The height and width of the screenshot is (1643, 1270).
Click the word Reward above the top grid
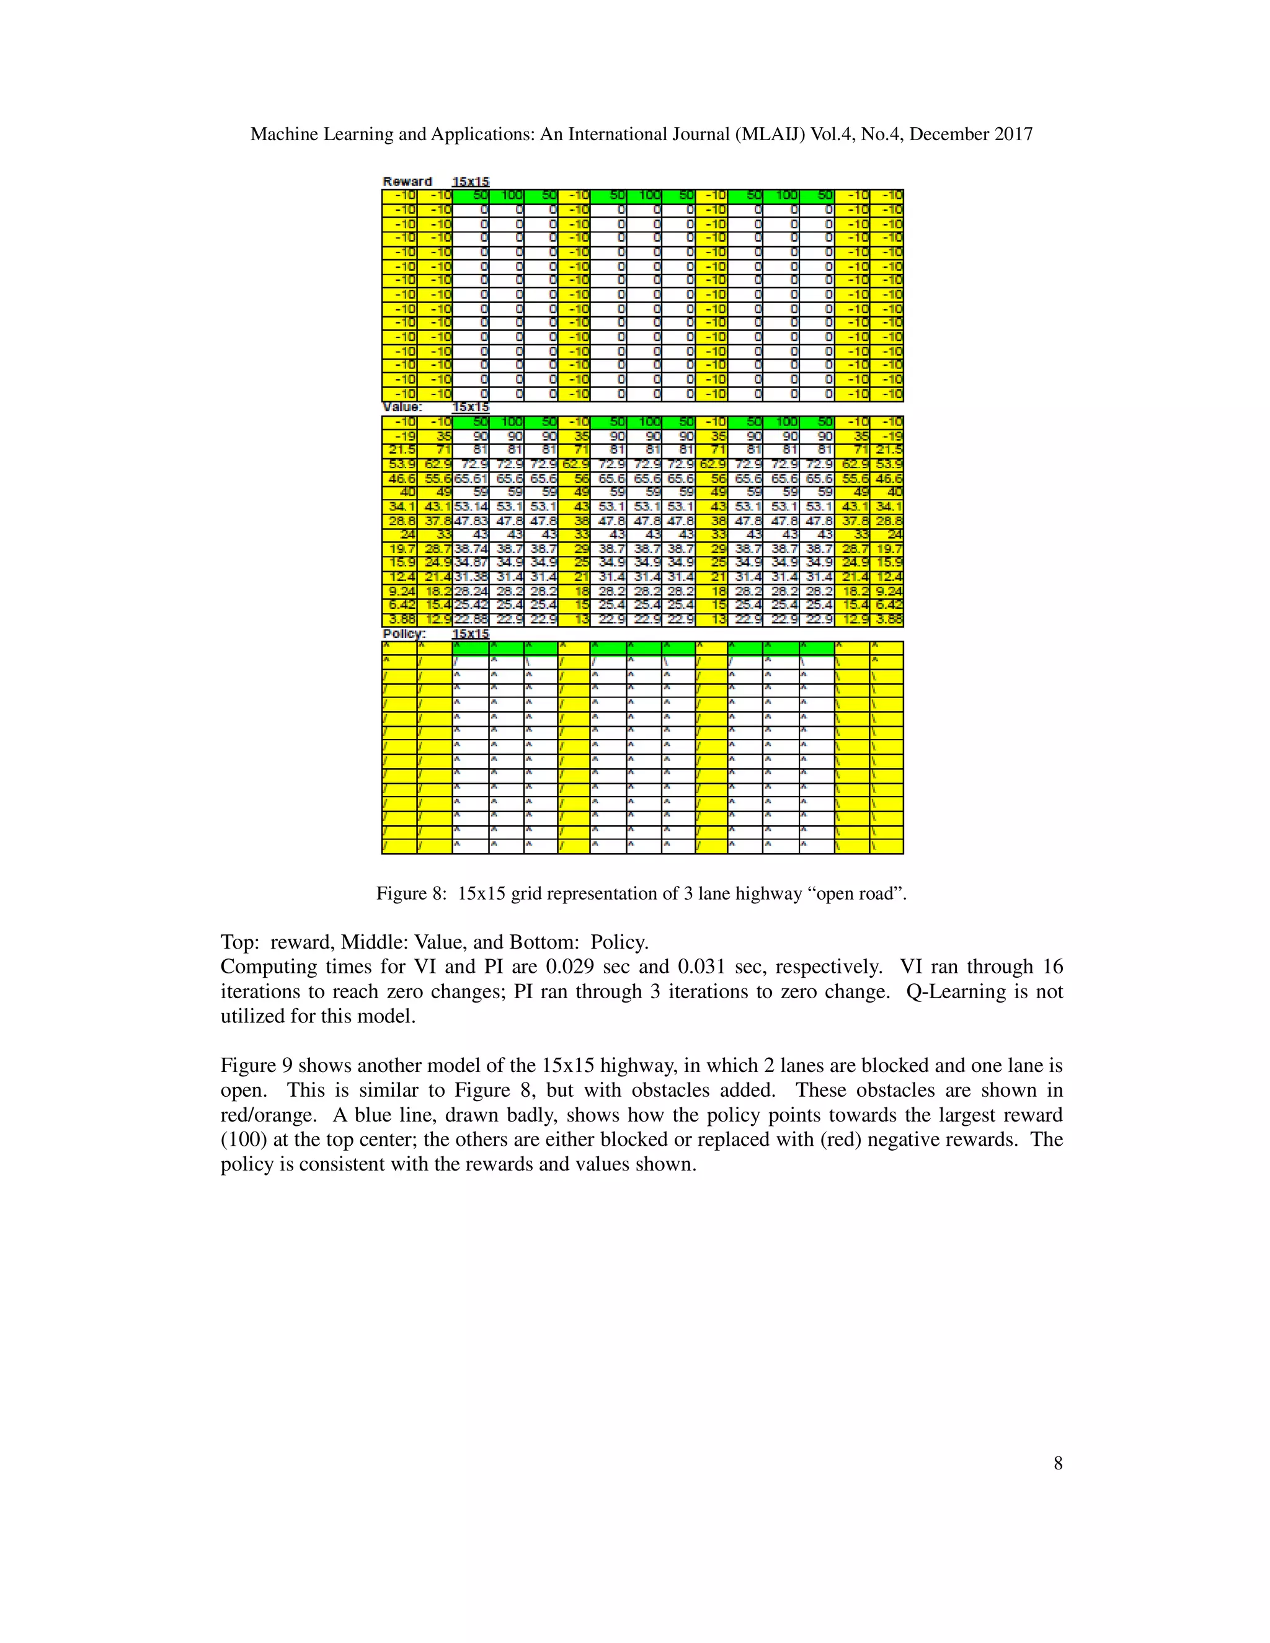407,181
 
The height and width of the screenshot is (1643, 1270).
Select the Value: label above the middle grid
402,407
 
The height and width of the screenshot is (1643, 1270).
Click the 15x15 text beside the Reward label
470,181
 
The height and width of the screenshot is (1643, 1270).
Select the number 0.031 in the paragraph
708,967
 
